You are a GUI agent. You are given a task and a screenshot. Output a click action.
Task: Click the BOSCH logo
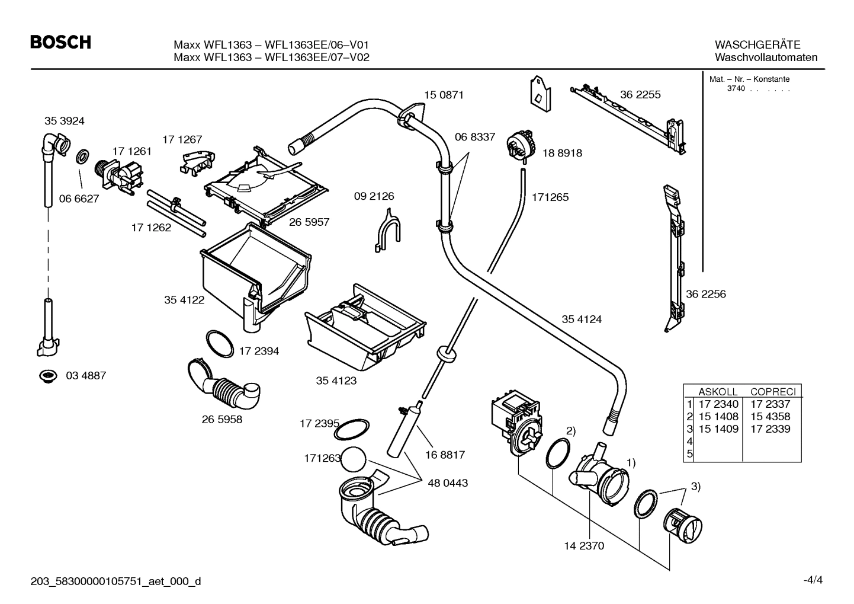click(60, 42)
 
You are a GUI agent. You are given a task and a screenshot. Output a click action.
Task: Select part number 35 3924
click(64, 121)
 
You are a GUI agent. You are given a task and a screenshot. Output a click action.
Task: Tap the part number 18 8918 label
click(562, 153)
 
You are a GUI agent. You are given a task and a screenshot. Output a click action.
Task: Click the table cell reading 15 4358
click(770, 417)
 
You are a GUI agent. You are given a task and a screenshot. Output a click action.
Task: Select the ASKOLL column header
click(718, 392)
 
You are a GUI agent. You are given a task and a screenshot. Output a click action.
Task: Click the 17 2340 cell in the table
click(718, 404)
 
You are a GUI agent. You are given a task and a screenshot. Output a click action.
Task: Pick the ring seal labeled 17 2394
click(219, 344)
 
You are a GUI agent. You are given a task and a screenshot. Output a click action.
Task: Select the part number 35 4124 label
click(581, 319)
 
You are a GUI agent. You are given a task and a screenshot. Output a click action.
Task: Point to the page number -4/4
click(813, 580)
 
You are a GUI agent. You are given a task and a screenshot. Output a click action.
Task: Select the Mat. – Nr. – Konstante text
click(749, 79)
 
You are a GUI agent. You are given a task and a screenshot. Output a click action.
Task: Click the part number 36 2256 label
click(705, 294)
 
